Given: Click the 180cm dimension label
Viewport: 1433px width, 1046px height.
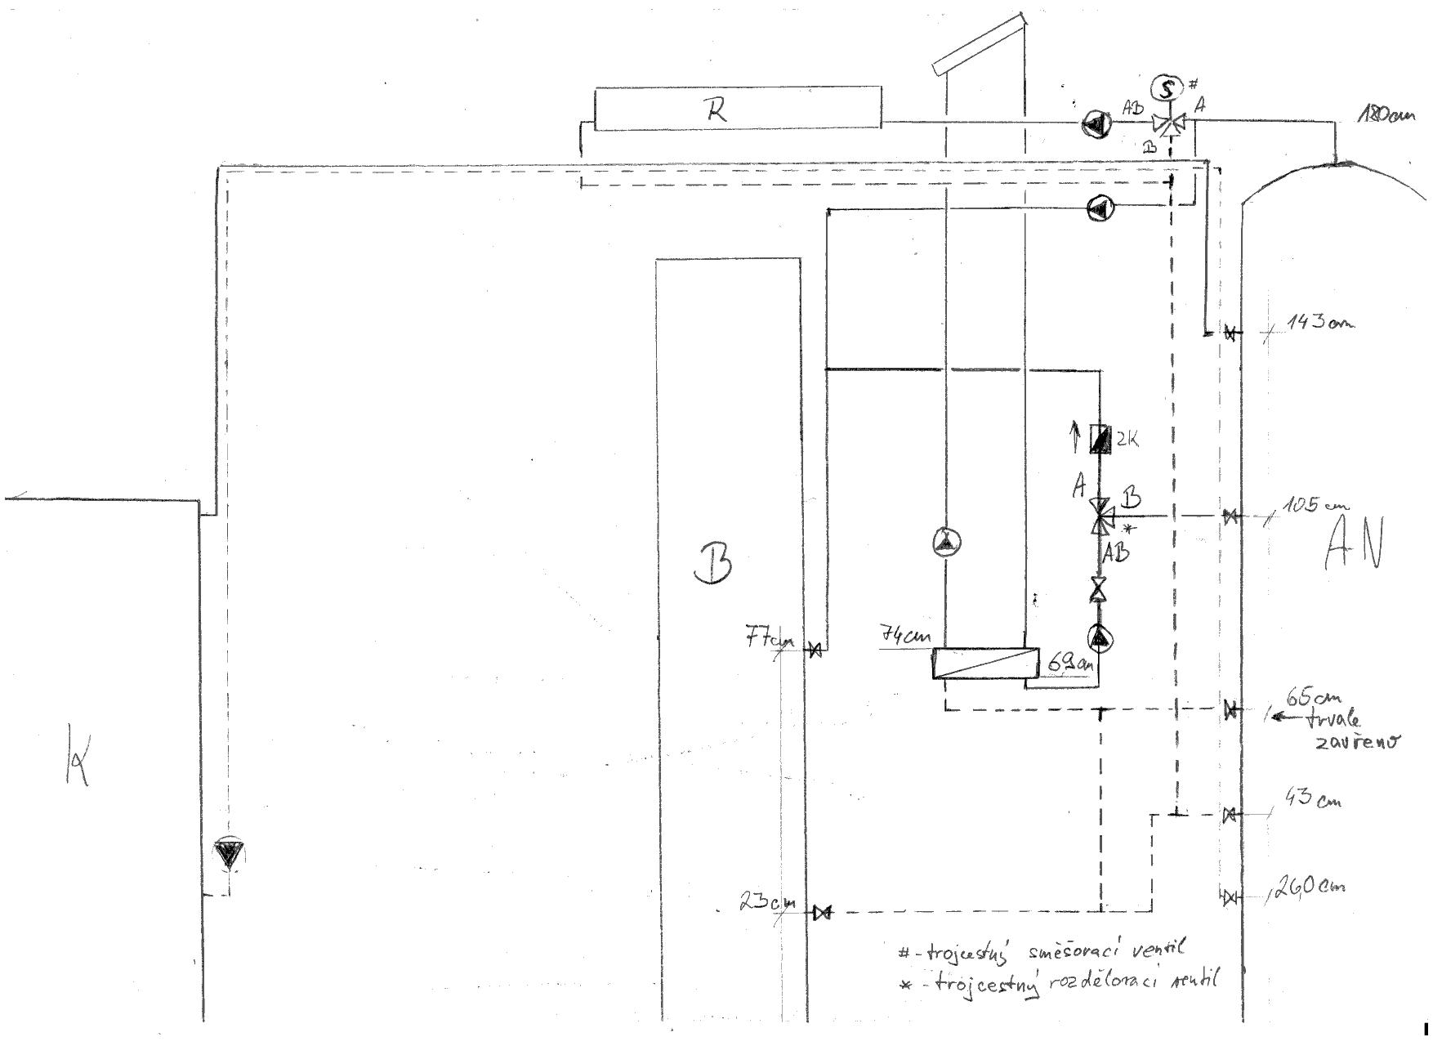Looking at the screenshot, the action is (1386, 115).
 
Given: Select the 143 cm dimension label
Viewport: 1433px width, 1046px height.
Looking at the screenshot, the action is (1319, 322).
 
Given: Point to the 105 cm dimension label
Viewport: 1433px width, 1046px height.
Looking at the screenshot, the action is (1312, 506).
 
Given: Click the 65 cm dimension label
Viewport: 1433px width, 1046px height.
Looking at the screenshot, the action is (1314, 699).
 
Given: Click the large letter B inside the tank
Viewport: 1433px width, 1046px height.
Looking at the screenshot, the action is (712, 564).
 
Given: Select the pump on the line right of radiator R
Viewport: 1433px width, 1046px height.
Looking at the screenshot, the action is (1095, 123).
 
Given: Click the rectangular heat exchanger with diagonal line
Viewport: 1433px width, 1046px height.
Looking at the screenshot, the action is (985, 664).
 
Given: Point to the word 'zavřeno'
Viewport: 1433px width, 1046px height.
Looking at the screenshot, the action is (1357, 742).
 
